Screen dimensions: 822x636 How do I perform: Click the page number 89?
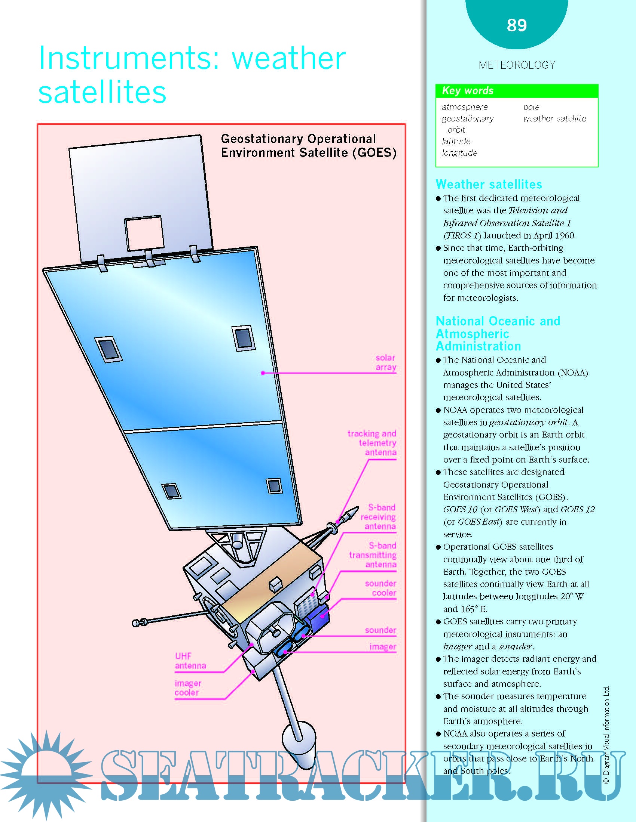[x=517, y=25]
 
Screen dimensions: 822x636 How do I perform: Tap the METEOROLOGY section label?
[x=517, y=65]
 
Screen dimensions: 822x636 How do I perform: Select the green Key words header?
[x=517, y=91]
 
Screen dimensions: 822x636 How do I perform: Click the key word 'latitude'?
[x=456, y=142]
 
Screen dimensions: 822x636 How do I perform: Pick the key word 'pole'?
[x=531, y=107]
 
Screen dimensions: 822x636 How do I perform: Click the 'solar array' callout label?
[x=385, y=362]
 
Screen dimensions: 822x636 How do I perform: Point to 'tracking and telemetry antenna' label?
[x=372, y=443]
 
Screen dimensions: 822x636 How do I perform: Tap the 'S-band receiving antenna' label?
[x=379, y=517]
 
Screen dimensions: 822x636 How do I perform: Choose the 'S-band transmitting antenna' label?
[x=373, y=555]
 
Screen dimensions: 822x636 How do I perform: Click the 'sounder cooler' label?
[x=380, y=588]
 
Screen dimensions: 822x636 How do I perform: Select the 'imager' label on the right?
[x=383, y=647]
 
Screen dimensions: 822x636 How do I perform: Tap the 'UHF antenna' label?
[x=190, y=661]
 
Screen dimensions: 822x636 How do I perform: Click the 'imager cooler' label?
[x=188, y=688]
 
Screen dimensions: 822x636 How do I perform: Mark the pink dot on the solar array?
[x=263, y=373]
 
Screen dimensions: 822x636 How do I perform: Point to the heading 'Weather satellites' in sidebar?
[x=489, y=185]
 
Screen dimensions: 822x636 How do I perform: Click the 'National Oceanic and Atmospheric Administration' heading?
[x=497, y=333]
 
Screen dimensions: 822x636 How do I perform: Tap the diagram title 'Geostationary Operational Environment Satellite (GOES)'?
[x=309, y=146]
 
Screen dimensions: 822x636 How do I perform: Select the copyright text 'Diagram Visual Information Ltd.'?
[x=606, y=734]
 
